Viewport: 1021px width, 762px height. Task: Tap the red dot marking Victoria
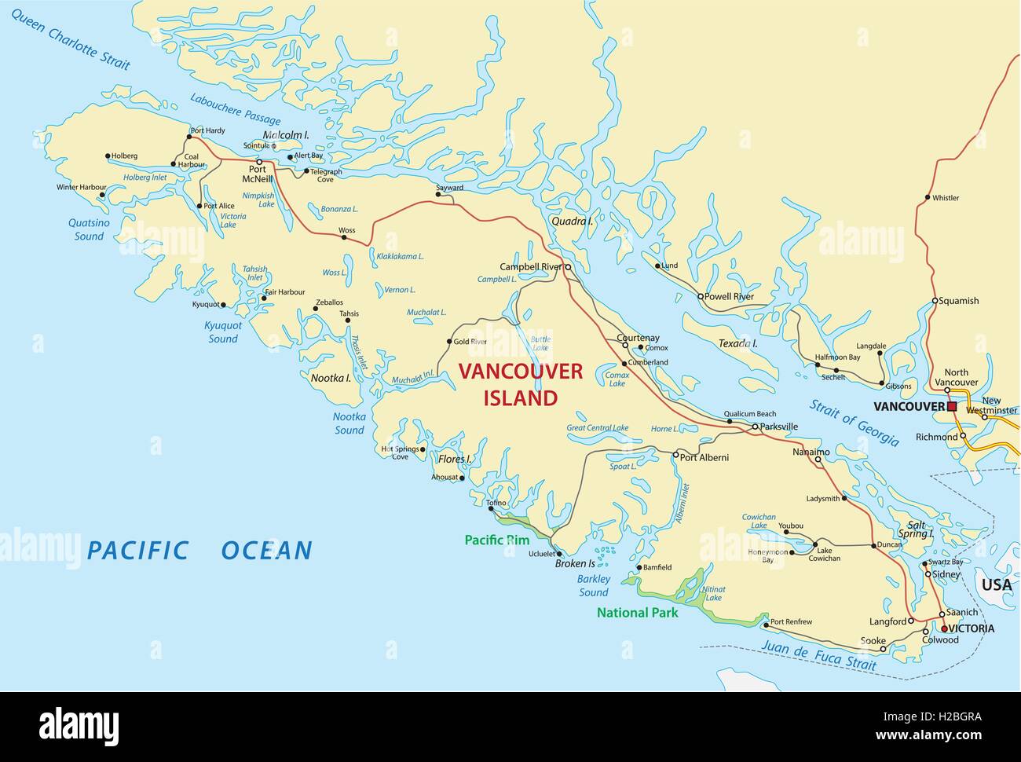point(944,628)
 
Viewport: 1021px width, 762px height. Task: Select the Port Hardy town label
point(207,130)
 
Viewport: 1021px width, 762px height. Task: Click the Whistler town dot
point(928,197)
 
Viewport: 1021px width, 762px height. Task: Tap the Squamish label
point(959,301)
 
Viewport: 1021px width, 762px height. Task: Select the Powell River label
point(730,297)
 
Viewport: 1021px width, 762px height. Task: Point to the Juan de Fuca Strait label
point(818,655)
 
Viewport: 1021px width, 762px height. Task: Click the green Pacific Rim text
point(496,540)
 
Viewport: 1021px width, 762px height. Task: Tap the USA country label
point(997,584)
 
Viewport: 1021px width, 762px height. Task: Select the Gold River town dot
point(449,342)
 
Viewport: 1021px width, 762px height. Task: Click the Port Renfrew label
point(791,622)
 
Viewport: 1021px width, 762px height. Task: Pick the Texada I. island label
point(737,343)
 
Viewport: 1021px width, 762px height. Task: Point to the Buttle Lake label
point(540,343)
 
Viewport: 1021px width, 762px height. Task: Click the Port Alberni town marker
point(675,454)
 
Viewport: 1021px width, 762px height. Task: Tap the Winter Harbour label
point(81,188)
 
